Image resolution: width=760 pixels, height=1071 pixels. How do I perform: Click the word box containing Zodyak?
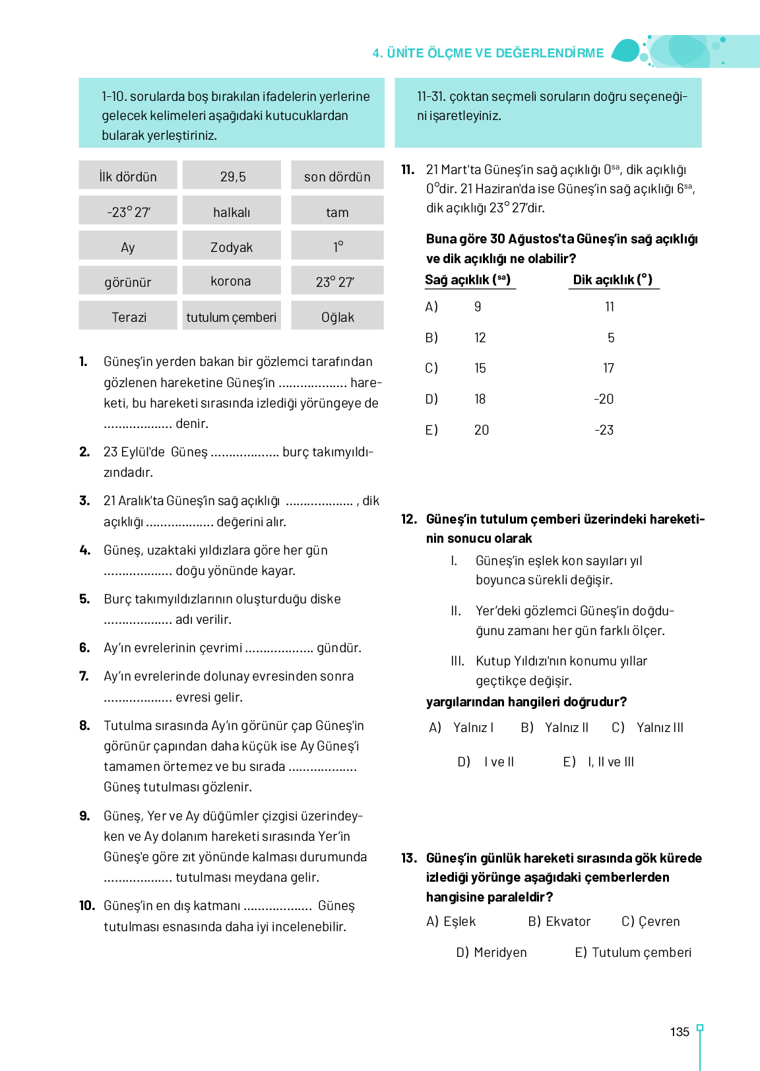[232, 247]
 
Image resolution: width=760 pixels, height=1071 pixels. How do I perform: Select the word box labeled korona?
[232, 281]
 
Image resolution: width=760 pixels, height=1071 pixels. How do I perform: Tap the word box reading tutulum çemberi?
[232, 317]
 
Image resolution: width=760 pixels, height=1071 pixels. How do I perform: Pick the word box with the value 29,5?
[232, 176]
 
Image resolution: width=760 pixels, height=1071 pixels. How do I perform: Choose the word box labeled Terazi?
[129, 317]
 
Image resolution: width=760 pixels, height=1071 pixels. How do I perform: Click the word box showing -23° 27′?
[129, 212]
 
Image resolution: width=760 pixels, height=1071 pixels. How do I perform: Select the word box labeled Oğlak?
[337, 317]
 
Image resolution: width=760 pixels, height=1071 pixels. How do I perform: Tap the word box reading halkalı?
[232, 212]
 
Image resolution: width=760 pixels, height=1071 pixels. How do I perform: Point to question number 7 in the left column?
[84, 676]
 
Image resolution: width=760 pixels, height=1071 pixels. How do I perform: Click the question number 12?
[409, 519]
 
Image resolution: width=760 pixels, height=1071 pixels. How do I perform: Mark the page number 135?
[680, 1032]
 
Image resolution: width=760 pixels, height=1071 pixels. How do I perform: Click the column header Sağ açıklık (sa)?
[468, 280]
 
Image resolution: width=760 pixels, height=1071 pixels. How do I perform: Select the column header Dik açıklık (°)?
[612, 280]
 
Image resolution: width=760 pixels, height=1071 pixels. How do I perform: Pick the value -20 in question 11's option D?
[604, 399]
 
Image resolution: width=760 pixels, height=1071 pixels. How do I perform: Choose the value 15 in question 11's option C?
[480, 368]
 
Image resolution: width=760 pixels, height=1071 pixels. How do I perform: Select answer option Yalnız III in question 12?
[659, 727]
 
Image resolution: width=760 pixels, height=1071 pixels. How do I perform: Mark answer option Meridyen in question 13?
[500, 952]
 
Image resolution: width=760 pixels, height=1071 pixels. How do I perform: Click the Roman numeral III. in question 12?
[457, 661]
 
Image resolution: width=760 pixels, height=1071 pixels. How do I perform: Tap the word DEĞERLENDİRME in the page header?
[550, 53]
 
